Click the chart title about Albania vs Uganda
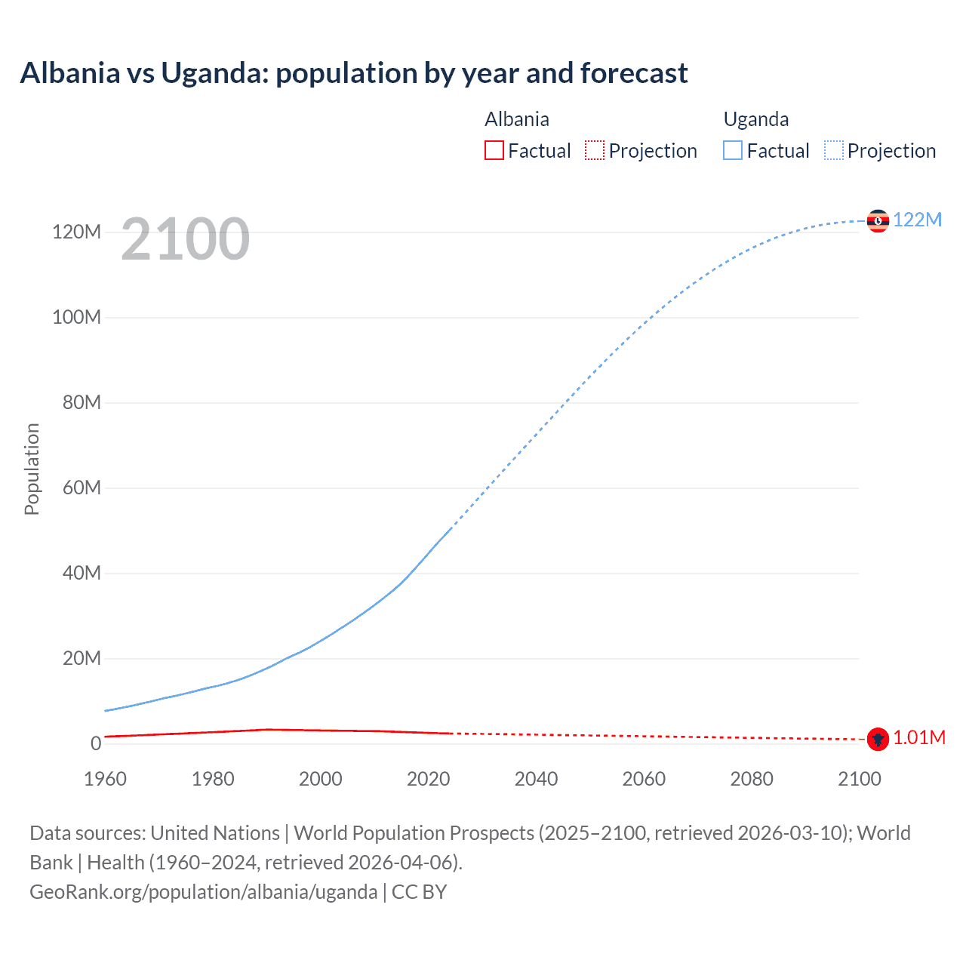point(353,73)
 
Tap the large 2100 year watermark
point(185,239)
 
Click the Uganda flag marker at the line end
point(878,220)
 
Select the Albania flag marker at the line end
point(878,739)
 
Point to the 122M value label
point(917,220)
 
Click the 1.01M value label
point(918,737)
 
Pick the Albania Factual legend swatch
point(494,150)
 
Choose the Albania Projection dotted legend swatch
point(595,150)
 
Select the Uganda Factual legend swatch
point(733,150)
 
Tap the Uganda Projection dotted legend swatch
point(833,150)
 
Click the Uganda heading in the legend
point(755,119)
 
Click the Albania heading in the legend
point(517,119)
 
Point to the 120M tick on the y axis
point(76,232)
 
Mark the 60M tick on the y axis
point(82,488)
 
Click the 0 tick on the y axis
point(96,743)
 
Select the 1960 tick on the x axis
point(105,779)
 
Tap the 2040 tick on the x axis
point(536,779)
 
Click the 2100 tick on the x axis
point(859,779)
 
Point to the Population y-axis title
point(32,469)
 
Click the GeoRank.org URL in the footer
point(203,892)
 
